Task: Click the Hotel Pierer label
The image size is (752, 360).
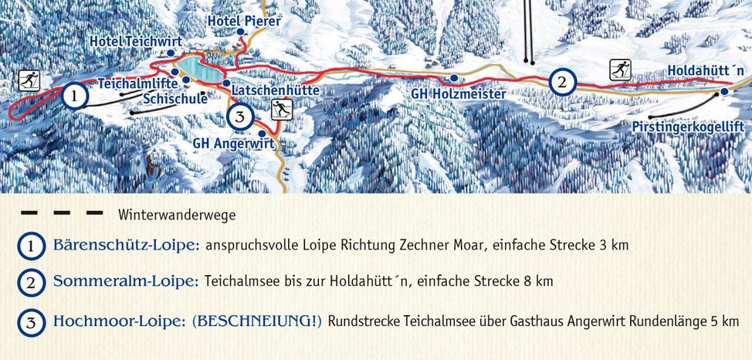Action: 245,21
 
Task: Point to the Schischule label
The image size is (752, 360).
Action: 175,99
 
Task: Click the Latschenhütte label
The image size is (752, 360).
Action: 275,90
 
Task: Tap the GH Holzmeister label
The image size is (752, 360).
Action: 459,94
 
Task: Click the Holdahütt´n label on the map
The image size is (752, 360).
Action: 706,70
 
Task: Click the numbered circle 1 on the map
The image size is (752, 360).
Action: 73,97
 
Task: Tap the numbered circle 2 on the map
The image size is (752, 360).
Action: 563,81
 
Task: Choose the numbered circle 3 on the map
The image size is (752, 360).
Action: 241,117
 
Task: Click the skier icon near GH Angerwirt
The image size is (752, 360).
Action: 282,110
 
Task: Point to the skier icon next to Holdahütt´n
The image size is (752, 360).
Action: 620,70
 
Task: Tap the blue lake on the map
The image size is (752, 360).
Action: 200,67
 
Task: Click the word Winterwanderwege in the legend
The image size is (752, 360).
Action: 177,214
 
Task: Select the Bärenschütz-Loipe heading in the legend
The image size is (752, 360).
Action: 127,246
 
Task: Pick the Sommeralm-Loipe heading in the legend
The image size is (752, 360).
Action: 126,281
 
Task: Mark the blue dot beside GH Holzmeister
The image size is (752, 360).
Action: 454,78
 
